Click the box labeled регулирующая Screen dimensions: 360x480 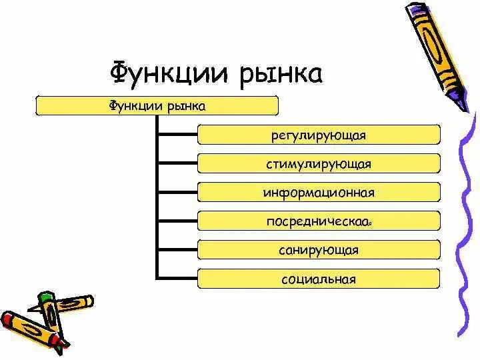coord(319,135)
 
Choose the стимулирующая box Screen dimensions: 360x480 coord(319,163)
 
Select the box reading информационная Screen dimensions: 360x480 coord(319,192)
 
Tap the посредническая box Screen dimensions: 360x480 coord(319,221)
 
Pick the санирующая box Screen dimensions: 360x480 coord(319,250)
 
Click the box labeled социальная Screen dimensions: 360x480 coord(319,279)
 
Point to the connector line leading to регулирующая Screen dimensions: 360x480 coord(177,135)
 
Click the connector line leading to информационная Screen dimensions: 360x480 coord(177,192)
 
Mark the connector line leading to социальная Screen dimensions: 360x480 coord(177,279)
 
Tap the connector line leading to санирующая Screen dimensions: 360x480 coord(177,250)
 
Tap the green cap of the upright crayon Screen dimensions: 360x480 coord(45,296)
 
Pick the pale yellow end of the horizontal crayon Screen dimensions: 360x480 coord(87,301)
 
